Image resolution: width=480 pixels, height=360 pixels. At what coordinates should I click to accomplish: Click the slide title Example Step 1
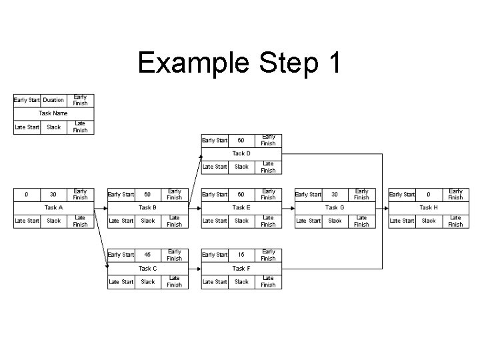[x=239, y=63]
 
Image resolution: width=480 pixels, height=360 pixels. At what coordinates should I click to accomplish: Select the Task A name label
[x=54, y=207]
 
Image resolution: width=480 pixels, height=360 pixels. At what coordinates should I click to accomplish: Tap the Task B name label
[x=148, y=207]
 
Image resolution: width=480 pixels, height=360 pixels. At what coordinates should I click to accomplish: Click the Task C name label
[x=148, y=268]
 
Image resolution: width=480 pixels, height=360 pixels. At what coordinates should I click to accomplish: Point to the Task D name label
[x=241, y=153]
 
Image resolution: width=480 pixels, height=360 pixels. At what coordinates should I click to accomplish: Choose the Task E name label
[x=241, y=207]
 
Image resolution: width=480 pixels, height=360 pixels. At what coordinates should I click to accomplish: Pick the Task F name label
[x=241, y=268]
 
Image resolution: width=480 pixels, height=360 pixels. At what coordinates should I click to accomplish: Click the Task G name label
[x=335, y=207]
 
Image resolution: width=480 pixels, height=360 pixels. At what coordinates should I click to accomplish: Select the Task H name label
[x=429, y=207]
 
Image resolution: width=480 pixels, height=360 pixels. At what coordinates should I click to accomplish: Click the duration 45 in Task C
[x=148, y=255]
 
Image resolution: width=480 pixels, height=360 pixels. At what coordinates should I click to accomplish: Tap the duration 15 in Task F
[x=241, y=255]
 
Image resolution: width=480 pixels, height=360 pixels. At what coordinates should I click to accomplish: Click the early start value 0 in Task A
[x=27, y=195]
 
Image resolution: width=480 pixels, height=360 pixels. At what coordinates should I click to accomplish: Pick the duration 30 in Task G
[x=335, y=195]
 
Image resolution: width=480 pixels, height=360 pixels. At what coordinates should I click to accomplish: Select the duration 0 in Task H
[x=429, y=195]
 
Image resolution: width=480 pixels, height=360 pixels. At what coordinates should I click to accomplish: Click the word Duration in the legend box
[x=54, y=100]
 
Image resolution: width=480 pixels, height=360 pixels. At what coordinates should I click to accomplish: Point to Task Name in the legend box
[x=54, y=113]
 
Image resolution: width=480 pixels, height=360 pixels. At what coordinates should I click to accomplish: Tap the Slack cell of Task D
[x=241, y=167]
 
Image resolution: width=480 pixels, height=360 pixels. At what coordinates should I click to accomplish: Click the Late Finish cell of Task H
[x=455, y=221]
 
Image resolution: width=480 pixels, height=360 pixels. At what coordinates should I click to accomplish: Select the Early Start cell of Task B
[x=121, y=195]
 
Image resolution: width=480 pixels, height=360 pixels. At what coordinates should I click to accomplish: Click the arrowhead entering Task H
[x=385, y=207]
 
